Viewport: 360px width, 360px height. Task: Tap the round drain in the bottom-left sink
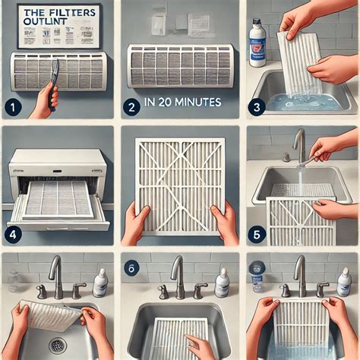coord(58,346)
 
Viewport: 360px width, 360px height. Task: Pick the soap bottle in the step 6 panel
coord(222,283)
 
